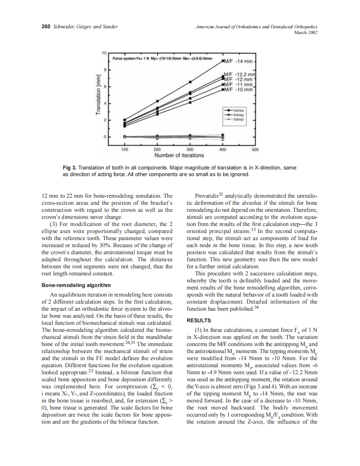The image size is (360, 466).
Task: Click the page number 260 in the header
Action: pos(46,27)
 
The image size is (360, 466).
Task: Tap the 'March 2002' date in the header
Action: pos(306,32)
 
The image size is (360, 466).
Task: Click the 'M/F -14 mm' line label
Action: pos(239,62)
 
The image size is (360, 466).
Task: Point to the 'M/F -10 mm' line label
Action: pos(238,89)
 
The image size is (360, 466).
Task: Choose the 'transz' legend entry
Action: pos(238,119)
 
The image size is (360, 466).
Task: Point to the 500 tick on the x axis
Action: pos(255,149)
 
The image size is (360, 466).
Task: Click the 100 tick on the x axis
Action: pos(124,149)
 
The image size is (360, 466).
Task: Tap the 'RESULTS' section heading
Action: pos(198,320)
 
